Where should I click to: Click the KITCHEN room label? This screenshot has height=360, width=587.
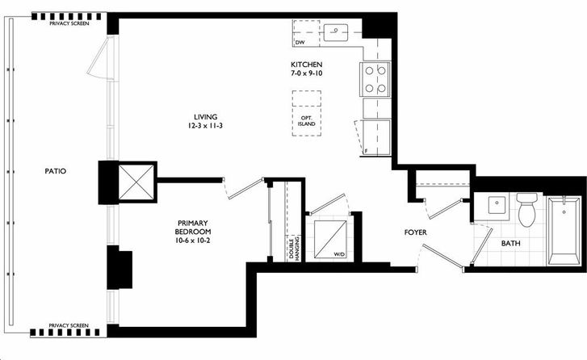[x=306, y=65]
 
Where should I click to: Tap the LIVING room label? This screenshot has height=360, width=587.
[x=206, y=117]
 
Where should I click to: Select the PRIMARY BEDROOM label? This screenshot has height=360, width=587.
[x=192, y=227]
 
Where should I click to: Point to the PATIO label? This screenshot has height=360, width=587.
[x=56, y=171]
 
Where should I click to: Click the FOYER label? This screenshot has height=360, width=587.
[x=416, y=232]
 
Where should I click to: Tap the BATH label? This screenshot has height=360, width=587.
[x=510, y=243]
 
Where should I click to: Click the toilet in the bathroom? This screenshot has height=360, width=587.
[x=526, y=210]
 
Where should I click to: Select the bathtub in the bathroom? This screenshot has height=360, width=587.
[x=564, y=230]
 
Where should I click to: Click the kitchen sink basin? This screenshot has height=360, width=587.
[x=336, y=32]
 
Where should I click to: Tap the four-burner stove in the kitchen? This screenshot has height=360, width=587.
[x=375, y=79]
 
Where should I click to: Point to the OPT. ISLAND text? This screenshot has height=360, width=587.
[x=306, y=120]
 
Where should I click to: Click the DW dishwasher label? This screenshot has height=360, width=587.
[x=300, y=43]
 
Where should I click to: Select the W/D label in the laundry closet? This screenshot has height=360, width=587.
[x=338, y=254]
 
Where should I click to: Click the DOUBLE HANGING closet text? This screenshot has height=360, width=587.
[x=294, y=248]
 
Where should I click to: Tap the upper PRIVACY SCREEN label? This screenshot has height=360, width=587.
[x=69, y=23]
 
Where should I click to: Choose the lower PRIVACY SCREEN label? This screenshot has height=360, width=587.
[x=69, y=325]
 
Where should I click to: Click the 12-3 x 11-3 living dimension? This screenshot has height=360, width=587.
[x=206, y=126]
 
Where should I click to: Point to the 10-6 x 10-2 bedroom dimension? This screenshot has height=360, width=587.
[x=192, y=241]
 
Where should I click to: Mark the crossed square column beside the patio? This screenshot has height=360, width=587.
[x=136, y=182]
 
